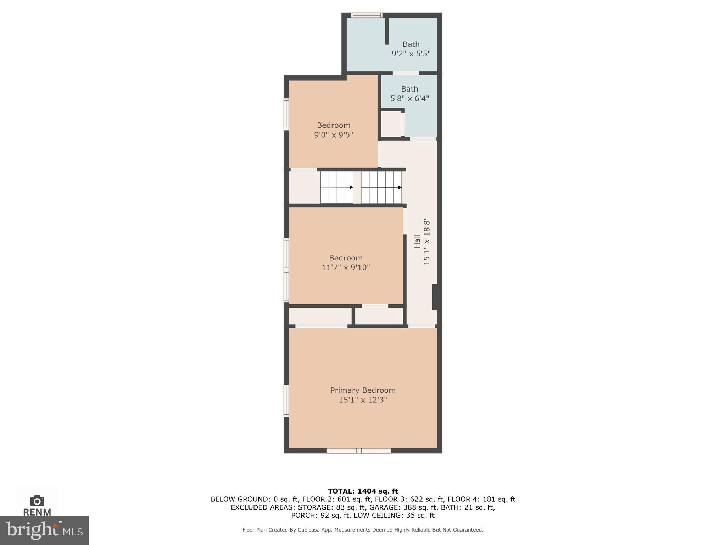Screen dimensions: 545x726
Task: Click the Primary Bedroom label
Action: [363, 390]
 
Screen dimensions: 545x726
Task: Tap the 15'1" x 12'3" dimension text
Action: [363, 400]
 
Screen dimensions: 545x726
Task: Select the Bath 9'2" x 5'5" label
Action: [411, 49]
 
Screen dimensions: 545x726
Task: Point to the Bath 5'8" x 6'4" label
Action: [409, 94]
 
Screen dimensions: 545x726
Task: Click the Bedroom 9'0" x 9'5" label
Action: [334, 130]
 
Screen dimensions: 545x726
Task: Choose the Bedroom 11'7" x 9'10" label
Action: [346, 263]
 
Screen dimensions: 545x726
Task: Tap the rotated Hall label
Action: [417, 241]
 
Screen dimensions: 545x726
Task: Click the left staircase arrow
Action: [351, 187]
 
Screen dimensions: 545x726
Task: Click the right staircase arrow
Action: [400, 187]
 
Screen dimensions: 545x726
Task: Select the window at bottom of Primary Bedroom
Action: [359, 451]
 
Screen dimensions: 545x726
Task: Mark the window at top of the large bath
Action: [367, 15]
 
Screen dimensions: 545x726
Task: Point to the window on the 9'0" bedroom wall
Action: [286, 114]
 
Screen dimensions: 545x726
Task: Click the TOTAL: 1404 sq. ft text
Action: [363, 491]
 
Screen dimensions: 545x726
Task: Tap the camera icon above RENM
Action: [37, 501]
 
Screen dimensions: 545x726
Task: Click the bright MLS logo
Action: [44, 530]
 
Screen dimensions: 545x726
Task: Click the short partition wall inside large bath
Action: [387, 31]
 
